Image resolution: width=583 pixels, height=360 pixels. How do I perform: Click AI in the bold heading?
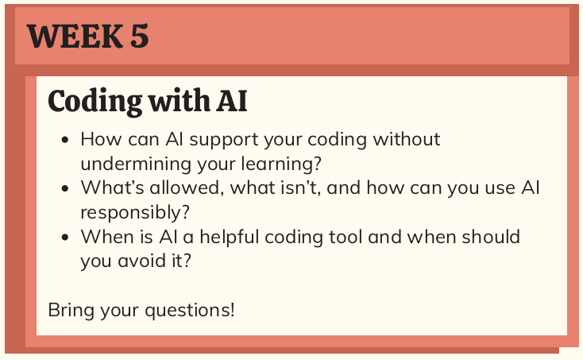[231, 101]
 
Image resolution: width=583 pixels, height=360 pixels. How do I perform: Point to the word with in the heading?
[175, 101]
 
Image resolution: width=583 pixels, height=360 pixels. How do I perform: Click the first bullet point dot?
[65, 141]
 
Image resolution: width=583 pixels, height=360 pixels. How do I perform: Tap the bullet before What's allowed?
[65, 189]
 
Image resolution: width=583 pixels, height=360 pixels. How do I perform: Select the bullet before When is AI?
[65, 238]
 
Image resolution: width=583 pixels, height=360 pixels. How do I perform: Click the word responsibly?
[132, 212]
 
